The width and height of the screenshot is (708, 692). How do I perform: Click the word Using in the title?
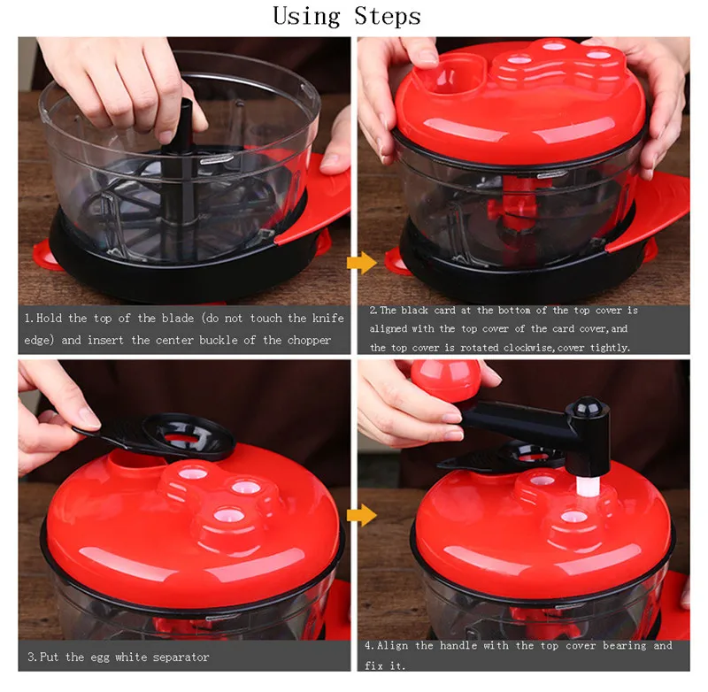pos(306,17)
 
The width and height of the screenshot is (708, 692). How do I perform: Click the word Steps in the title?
pos(388,16)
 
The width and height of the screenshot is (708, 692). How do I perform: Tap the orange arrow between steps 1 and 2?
pos(362,263)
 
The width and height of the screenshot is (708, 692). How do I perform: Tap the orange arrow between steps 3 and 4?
pos(362,515)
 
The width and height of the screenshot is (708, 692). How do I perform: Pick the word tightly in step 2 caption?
pos(610,347)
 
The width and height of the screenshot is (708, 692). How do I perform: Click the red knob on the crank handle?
pos(445,379)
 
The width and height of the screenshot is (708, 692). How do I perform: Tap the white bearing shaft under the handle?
pos(588,488)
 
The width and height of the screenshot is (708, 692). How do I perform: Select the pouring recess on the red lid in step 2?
pos(454,75)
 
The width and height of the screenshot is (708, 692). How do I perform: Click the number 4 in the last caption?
pos(368,646)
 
